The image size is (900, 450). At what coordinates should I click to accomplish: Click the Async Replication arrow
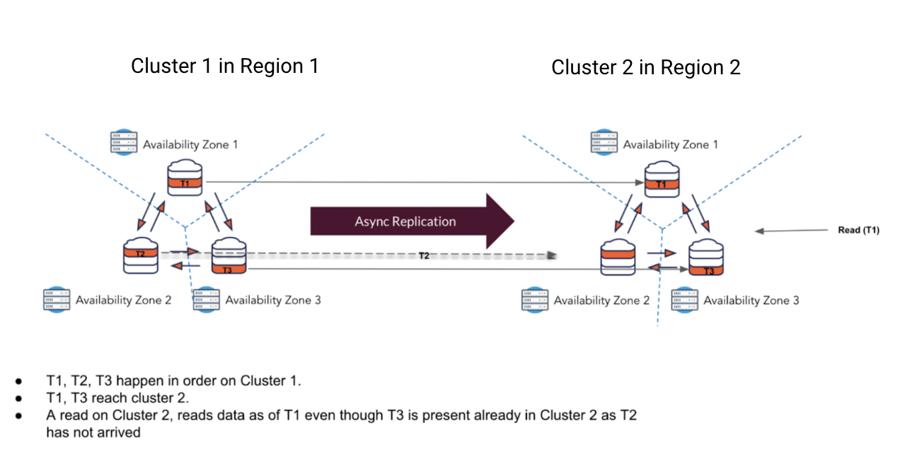pyautogui.click(x=410, y=221)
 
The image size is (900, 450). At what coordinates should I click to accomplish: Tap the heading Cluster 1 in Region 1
pyautogui.click(x=224, y=66)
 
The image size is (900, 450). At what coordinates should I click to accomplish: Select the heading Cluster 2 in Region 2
pyautogui.click(x=645, y=67)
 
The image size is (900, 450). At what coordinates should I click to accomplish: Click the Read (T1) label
pyautogui.click(x=858, y=230)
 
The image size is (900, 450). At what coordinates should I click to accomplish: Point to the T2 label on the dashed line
pyautogui.click(x=423, y=255)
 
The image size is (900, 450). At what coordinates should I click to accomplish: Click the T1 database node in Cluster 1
pyautogui.click(x=185, y=178)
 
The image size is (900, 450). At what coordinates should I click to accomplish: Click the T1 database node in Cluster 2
pyautogui.click(x=662, y=180)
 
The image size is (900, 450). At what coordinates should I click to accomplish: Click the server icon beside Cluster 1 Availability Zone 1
pyautogui.click(x=125, y=142)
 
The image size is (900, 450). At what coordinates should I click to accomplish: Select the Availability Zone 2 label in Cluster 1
pyautogui.click(x=123, y=300)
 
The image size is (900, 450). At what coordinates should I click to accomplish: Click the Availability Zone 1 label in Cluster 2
pyautogui.click(x=670, y=144)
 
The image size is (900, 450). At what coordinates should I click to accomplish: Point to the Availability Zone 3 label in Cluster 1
pyautogui.click(x=272, y=300)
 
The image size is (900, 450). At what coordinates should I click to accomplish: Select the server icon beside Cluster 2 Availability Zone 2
pyautogui.click(x=536, y=299)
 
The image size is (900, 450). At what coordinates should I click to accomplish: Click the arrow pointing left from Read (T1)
pyautogui.click(x=785, y=230)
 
